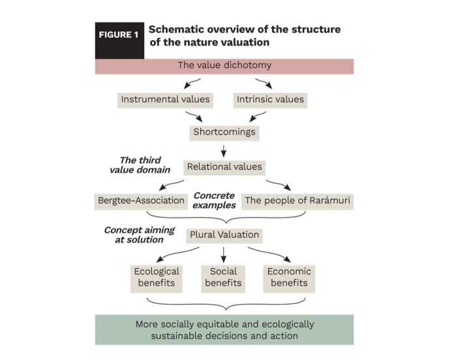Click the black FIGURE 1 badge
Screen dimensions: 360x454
click(x=119, y=36)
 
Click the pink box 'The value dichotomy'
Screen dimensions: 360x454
click(x=224, y=66)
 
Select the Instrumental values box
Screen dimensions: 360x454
click(x=165, y=100)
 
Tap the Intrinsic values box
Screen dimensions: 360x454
click(x=269, y=100)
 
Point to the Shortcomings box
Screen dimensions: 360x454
click(x=224, y=132)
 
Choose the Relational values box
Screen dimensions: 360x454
click(x=224, y=167)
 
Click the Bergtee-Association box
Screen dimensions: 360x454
click(x=140, y=201)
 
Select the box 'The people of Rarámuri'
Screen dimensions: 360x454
click(x=297, y=201)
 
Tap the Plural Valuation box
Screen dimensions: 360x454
click(x=224, y=235)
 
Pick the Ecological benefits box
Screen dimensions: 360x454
click(x=157, y=277)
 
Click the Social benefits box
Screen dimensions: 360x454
click(x=223, y=277)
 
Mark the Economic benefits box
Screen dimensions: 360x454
click(x=290, y=277)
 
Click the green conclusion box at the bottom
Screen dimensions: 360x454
click(x=224, y=330)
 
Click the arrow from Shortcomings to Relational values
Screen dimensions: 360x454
click(x=224, y=150)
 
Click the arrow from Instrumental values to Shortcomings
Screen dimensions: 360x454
click(x=194, y=115)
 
